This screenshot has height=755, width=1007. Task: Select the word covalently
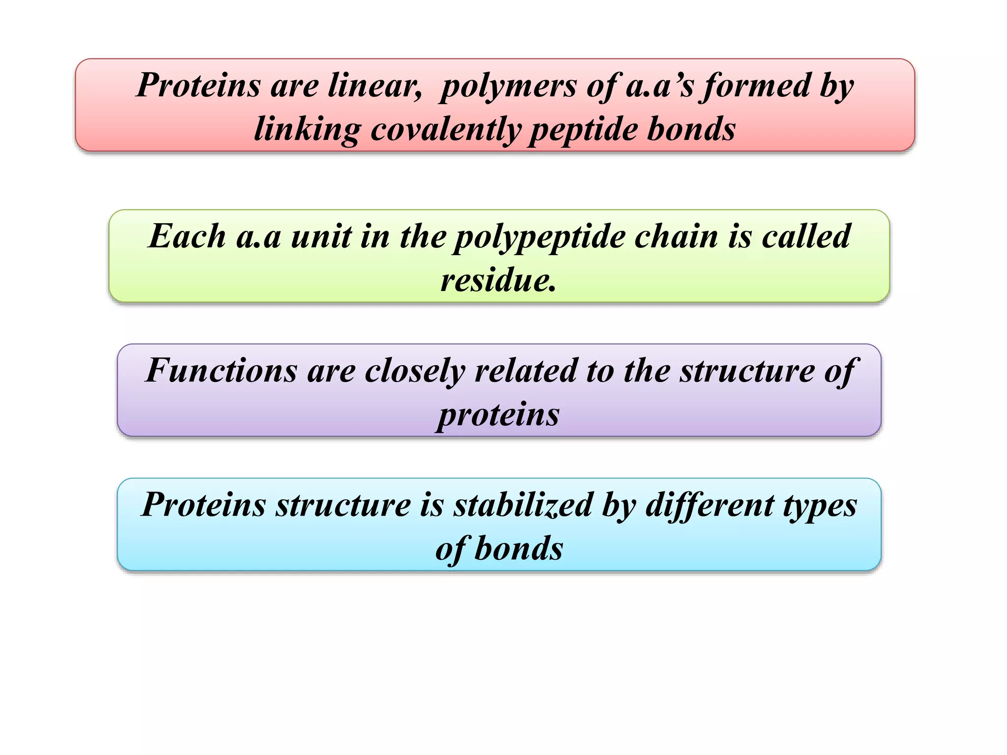click(445, 130)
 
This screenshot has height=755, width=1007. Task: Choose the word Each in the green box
click(187, 236)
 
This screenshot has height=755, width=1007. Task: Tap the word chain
click(676, 236)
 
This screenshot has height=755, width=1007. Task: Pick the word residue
click(498, 281)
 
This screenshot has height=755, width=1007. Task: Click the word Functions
click(221, 371)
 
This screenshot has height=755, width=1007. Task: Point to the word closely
click(415, 372)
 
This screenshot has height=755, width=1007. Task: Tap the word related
click(526, 371)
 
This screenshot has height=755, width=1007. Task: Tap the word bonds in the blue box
click(519, 549)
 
